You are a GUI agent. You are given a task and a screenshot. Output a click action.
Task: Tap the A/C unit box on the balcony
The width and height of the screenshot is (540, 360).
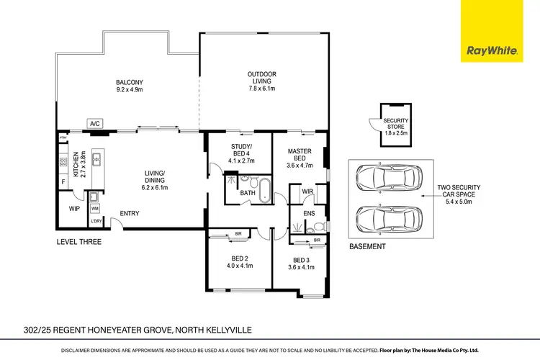(x=94, y=124)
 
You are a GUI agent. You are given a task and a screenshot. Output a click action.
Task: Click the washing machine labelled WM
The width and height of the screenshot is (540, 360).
(x=95, y=208)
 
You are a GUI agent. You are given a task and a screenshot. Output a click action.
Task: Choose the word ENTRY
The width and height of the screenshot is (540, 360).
(x=130, y=213)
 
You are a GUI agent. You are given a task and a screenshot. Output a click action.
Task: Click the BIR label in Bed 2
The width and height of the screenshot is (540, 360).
(x=238, y=234)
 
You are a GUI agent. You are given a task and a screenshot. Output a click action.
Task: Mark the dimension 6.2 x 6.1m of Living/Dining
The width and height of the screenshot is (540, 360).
(x=155, y=188)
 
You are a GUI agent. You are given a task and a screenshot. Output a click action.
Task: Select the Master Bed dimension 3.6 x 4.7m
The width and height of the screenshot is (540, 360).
(x=299, y=166)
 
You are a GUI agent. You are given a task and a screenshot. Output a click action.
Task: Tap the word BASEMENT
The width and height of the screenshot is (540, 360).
(x=368, y=246)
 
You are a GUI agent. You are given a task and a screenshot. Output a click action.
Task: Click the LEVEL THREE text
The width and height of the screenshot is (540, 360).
(x=78, y=242)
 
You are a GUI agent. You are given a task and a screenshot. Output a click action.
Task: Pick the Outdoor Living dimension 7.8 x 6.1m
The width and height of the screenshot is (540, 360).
(x=262, y=89)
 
